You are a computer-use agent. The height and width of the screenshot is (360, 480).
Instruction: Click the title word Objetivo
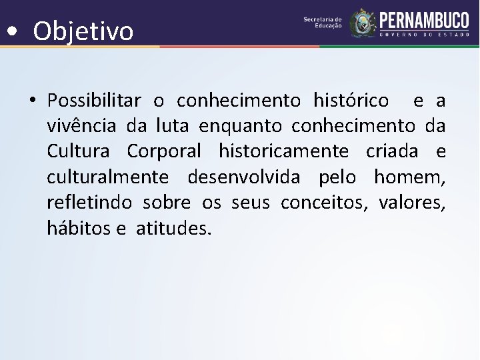pyautogui.click(x=83, y=31)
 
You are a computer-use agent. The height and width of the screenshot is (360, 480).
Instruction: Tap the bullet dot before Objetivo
pyautogui.click(x=12, y=31)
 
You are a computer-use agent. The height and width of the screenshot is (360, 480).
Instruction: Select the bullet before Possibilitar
pyautogui.click(x=32, y=101)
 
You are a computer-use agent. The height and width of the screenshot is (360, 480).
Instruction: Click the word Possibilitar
pyautogui.click(x=94, y=101)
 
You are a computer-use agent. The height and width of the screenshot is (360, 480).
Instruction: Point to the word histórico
pyautogui.click(x=351, y=101)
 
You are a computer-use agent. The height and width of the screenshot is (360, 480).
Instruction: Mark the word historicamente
pyautogui.click(x=283, y=151)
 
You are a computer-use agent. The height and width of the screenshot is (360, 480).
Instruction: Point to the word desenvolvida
pyautogui.click(x=244, y=177)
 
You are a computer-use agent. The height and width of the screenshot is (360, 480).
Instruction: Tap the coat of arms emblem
pyautogui.click(x=363, y=23)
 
